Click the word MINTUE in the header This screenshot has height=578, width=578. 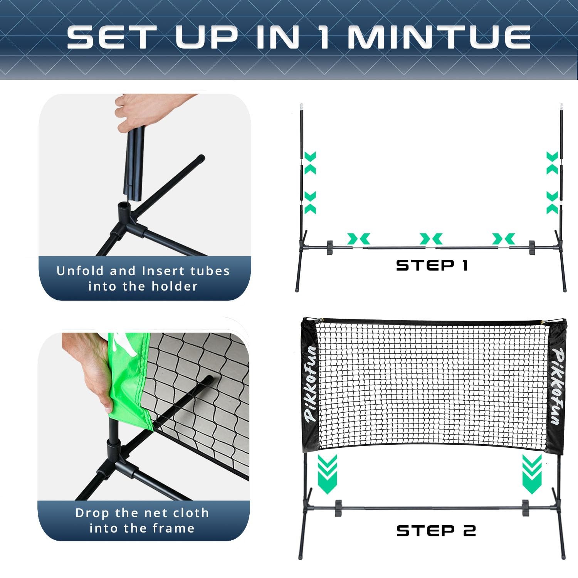tap(439, 37)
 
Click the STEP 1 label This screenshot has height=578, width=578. tap(432, 265)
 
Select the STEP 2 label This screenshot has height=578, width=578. tap(436, 531)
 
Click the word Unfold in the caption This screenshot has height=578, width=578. tap(80, 271)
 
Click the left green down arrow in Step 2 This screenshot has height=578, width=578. tap(328, 474)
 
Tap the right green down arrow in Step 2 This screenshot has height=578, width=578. tap(532, 474)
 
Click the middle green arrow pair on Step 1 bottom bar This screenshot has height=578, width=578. tap(431, 239)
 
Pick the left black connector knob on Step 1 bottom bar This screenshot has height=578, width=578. tap(330, 248)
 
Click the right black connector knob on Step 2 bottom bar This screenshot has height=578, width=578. tap(525, 508)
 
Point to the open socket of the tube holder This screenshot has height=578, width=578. tap(124, 206)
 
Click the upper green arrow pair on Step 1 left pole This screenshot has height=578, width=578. tap(310, 163)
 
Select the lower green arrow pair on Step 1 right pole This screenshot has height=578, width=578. tap(552, 203)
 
